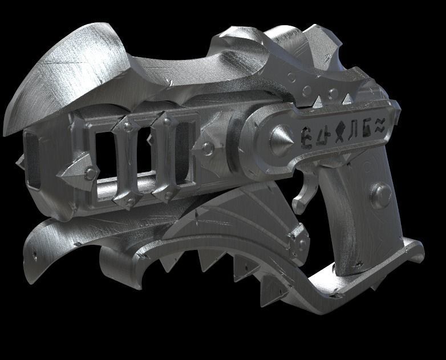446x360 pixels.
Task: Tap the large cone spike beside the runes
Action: [x=280, y=139]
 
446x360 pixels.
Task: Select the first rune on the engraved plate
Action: [x=306, y=135]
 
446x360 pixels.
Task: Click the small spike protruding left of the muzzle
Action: [x=21, y=161]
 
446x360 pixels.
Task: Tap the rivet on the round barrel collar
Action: [x=209, y=149]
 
